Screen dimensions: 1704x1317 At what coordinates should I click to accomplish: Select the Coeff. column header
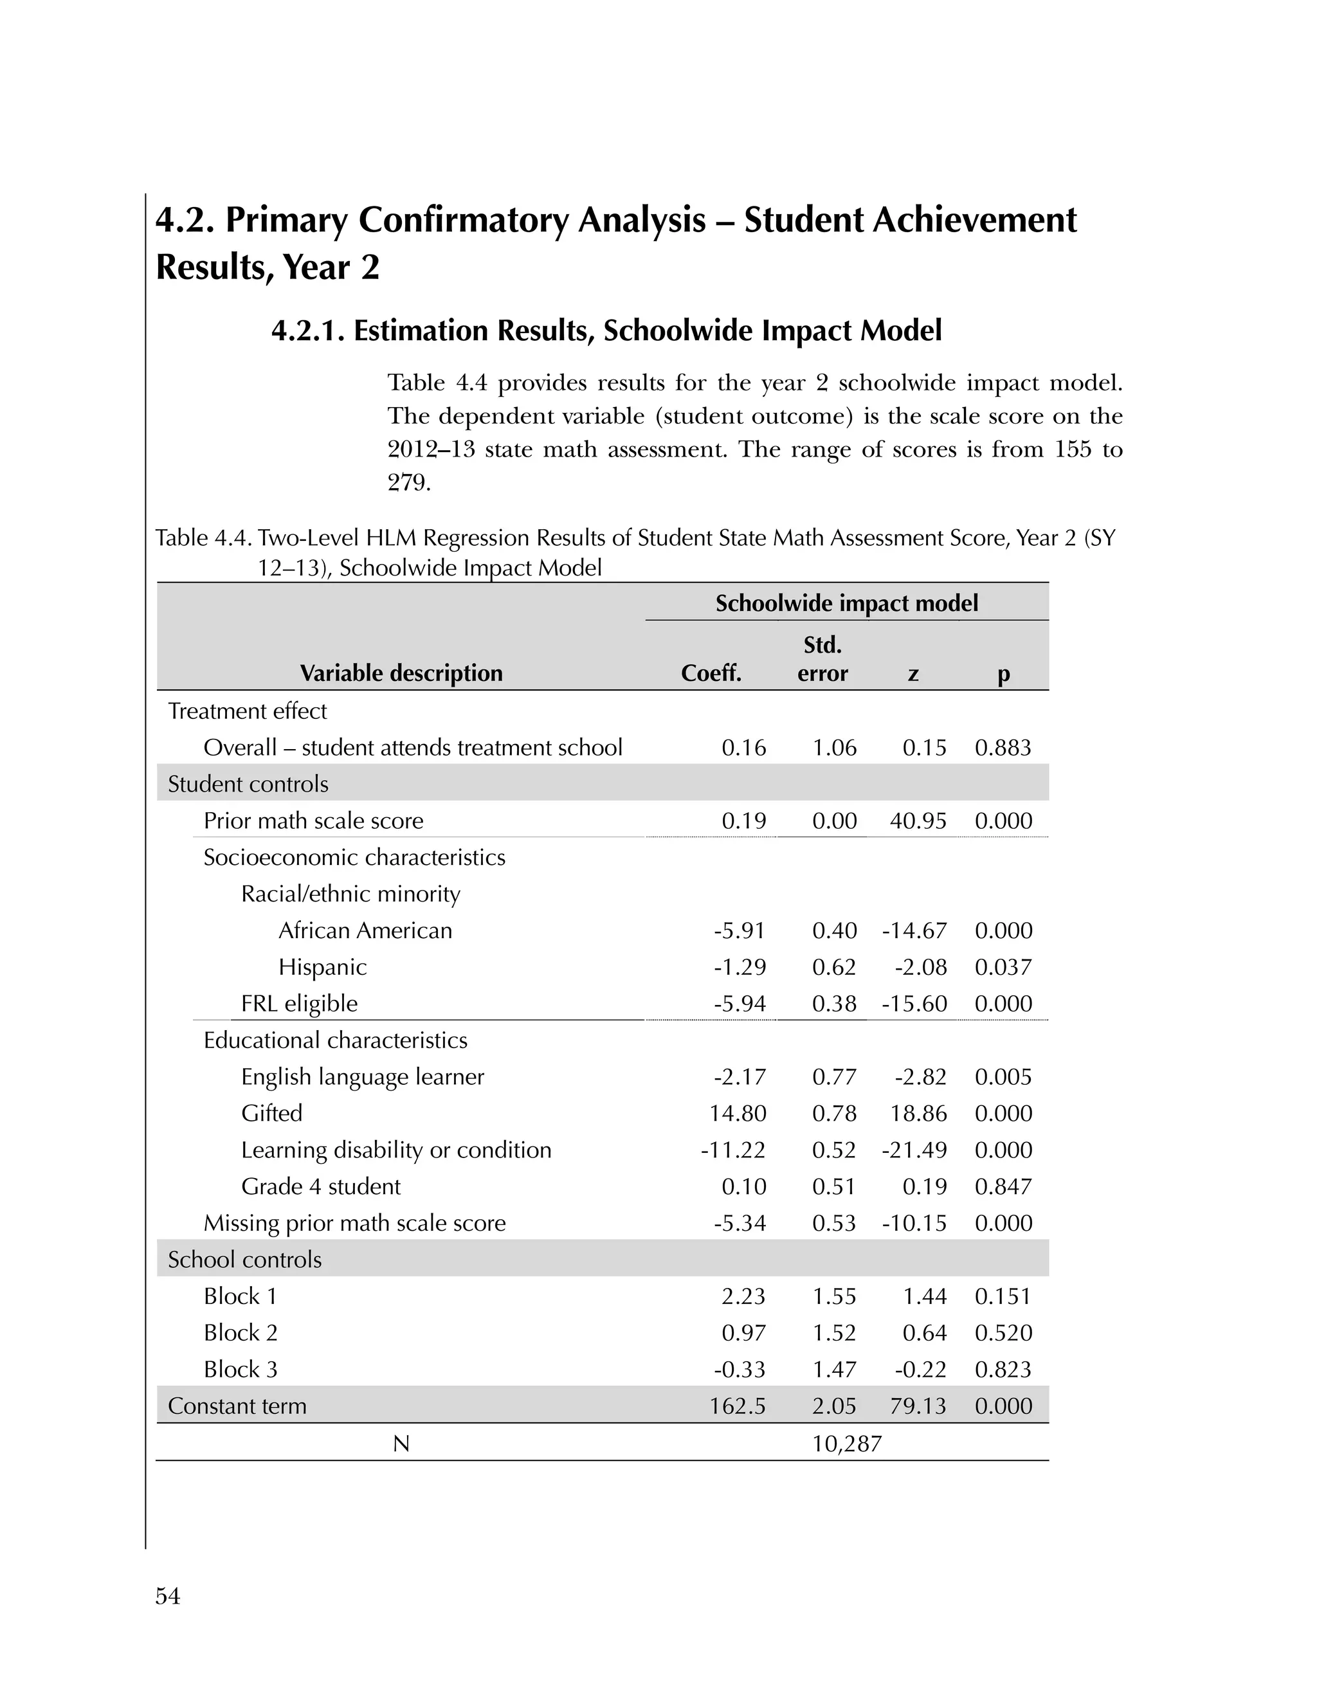(x=711, y=673)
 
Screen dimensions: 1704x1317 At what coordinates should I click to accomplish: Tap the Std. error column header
(x=822, y=659)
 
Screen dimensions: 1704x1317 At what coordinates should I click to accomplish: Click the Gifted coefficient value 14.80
(x=738, y=1113)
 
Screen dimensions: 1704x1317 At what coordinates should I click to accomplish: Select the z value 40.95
(x=918, y=820)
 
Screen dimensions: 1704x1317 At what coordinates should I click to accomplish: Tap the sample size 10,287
(x=846, y=1444)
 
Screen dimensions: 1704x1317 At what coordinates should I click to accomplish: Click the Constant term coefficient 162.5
(x=738, y=1406)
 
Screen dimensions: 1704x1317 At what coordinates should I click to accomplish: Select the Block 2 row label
(x=241, y=1332)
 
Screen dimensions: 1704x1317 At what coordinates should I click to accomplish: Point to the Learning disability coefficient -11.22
(x=732, y=1150)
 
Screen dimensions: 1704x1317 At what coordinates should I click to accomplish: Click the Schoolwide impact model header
(x=846, y=603)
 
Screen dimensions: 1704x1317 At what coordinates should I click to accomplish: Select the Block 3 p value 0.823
(x=1003, y=1369)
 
